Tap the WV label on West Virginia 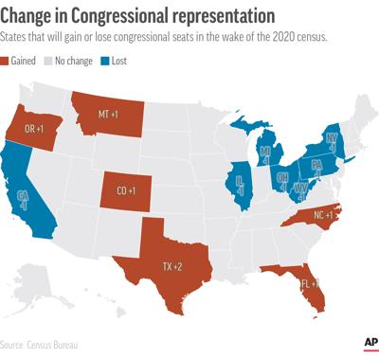(x=299, y=188)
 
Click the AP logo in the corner (x=369, y=342)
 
